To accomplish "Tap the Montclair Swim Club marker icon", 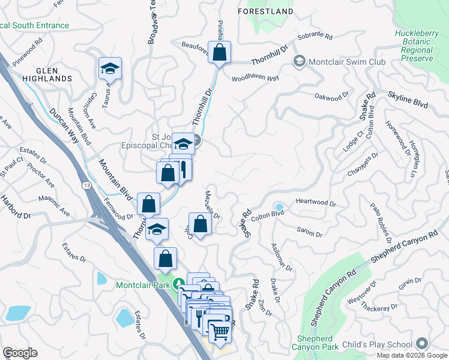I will pyautogui.click(x=298, y=62).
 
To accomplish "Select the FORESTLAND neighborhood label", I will pyautogui.click(x=265, y=11).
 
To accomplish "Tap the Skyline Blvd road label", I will pyautogui.click(x=408, y=99).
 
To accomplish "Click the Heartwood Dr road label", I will pyautogui.click(x=316, y=203).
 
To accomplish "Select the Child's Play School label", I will pyautogui.click(x=380, y=344).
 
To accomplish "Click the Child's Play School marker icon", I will pyautogui.click(x=422, y=344).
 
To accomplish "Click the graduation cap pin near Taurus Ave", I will pyautogui.click(x=110, y=70).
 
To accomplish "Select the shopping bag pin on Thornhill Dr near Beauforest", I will pyautogui.click(x=220, y=53).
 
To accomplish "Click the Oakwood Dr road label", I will pyautogui.click(x=331, y=95).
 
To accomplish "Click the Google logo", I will pyautogui.click(x=20, y=353).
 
